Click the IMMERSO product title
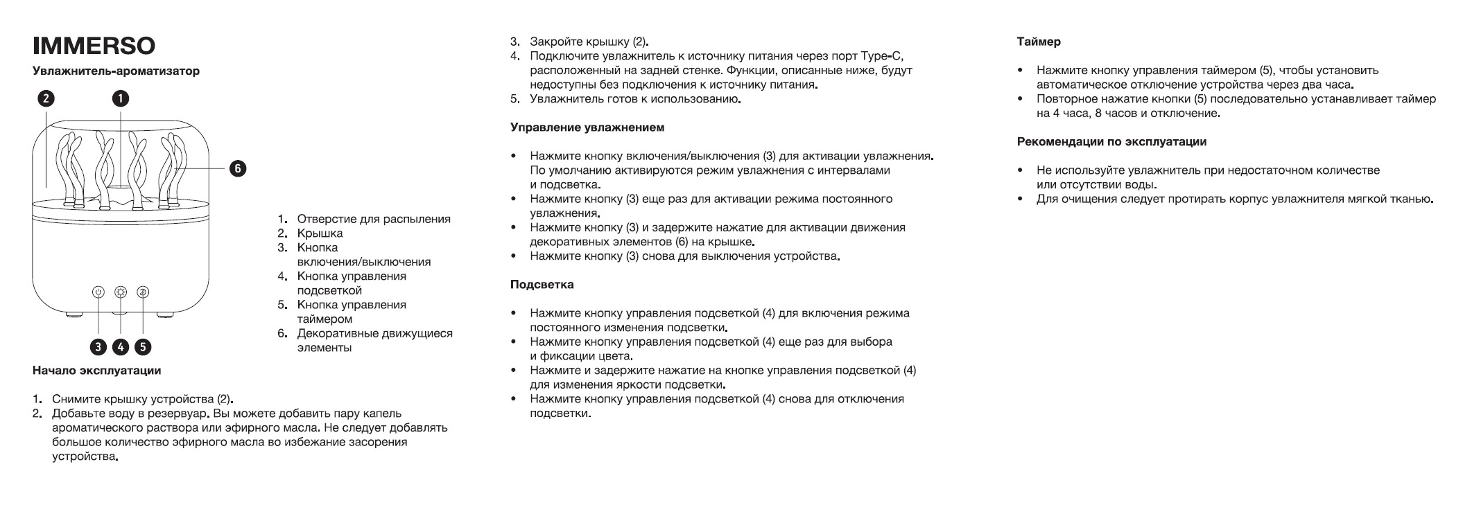[x=94, y=46]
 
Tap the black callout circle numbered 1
[x=121, y=98]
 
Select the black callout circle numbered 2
[x=45, y=98]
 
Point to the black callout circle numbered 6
[x=237, y=168]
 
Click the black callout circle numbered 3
[x=98, y=346]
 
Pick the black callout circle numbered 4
[x=121, y=346]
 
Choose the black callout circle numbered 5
[x=143, y=346]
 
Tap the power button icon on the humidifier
[x=98, y=292]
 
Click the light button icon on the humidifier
[x=121, y=292]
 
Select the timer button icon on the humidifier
[x=143, y=292]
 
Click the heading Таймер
[x=1039, y=42]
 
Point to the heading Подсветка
[x=542, y=285]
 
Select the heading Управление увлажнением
[x=587, y=127]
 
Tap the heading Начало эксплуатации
[x=96, y=371]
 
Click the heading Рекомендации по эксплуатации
[x=1111, y=142]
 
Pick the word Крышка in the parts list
[x=320, y=233]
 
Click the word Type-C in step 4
[x=881, y=56]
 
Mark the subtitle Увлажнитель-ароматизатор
[x=116, y=71]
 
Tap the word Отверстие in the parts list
[x=327, y=219]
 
